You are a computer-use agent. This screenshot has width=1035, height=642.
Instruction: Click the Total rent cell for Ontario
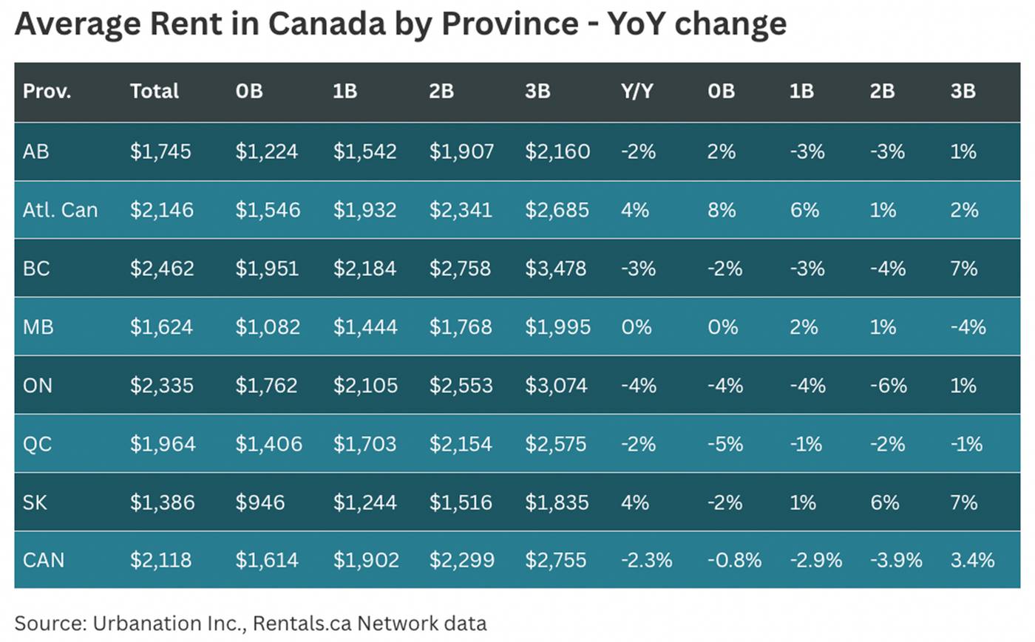click(x=162, y=386)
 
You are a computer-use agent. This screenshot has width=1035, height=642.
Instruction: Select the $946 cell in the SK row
click(x=259, y=502)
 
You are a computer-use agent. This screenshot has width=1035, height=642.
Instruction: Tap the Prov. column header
click(x=47, y=91)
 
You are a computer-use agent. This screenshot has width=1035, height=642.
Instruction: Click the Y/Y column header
click(x=637, y=91)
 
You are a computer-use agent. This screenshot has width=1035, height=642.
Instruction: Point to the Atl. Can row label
click(x=60, y=210)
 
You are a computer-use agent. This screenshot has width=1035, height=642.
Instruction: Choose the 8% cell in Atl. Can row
click(x=721, y=210)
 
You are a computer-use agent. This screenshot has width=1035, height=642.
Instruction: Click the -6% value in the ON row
click(x=888, y=386)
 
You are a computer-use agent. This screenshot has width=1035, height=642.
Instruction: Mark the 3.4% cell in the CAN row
click(x=972, y=560)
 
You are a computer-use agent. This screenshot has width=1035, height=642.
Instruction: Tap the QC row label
click(x=37, y=444)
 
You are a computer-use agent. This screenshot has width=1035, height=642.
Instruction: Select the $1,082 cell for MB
click(x=268, y=327)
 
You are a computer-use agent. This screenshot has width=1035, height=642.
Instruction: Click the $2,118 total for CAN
click(x=160, y=560)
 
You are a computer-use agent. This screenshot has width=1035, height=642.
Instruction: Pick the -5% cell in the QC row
click(x=724, y=444)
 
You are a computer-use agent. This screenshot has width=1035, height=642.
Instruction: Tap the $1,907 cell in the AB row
click(x=461, y=151)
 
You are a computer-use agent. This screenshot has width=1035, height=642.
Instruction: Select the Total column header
click(x=154, y=91)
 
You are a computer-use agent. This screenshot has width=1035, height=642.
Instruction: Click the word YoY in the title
click(x=636, y=24)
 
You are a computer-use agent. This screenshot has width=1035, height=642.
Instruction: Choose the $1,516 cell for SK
click(x=461, y=502)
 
